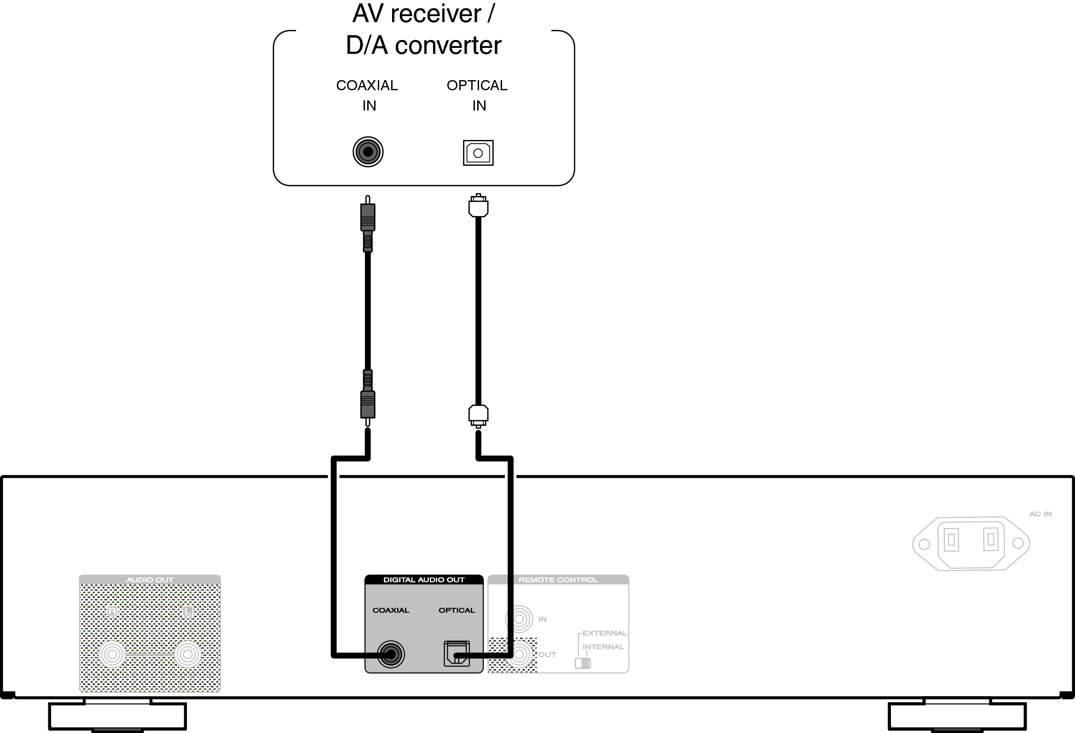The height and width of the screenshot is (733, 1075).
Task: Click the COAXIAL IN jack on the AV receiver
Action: [368, 152]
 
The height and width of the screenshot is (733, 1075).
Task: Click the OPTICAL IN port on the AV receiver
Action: [478, 153]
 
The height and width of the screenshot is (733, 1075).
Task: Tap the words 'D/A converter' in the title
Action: [423, 45]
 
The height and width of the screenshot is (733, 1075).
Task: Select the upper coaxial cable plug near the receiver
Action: [368, 217]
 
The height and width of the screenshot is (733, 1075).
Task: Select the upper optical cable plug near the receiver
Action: [478, 206]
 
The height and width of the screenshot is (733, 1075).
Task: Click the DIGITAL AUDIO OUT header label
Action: [424, 580]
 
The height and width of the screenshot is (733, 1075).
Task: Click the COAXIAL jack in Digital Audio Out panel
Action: [391, 654]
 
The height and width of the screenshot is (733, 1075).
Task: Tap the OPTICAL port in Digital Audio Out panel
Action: [457, 653]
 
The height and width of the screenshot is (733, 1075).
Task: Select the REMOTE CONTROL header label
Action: [558, 580]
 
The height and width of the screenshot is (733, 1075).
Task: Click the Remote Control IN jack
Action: [519, 619]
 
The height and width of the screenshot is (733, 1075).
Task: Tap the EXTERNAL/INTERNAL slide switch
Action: [583, 663]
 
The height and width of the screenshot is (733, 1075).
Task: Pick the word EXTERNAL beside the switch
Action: [605, 633]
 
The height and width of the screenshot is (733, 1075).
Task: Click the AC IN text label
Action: [1040, 514]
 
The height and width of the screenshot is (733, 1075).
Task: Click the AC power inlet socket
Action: [971, 543]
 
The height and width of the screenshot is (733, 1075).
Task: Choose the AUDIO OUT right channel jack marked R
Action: [112, 654]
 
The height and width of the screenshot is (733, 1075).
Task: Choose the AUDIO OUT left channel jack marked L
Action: [187, 654]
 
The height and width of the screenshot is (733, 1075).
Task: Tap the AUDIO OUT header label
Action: [150, 580]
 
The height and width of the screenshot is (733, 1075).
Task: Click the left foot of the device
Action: [117, 716]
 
